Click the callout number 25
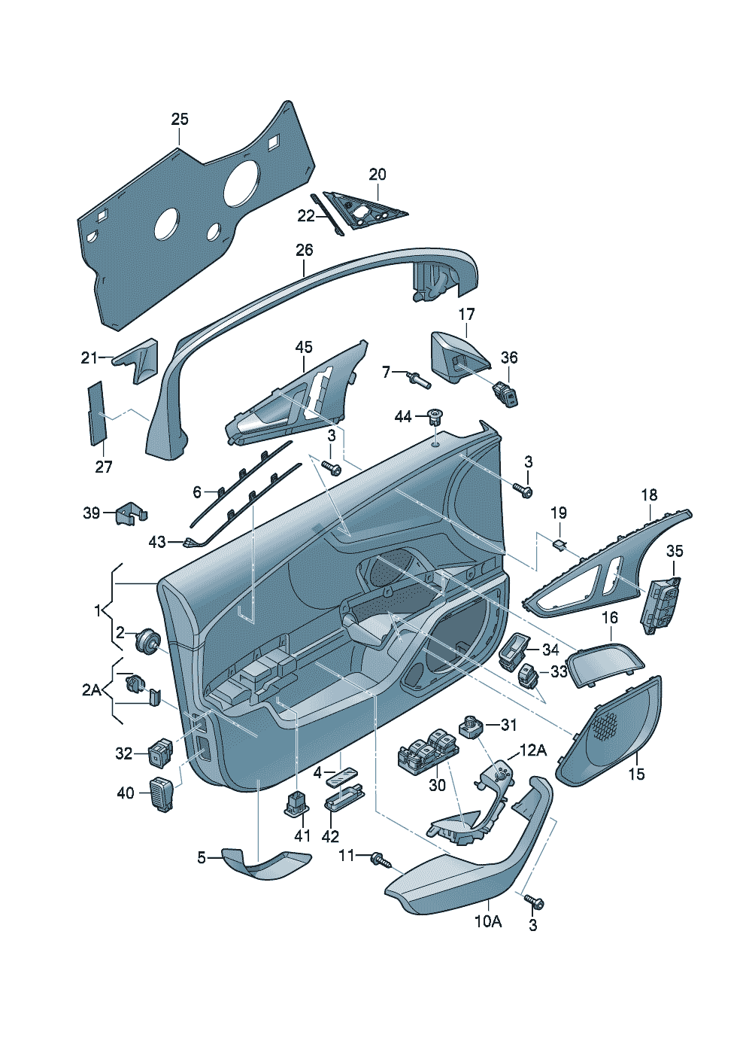click(180, 119)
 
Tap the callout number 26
click(304, 250)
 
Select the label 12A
click(532, 750)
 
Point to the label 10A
click(487, 921)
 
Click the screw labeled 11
click(381, 859)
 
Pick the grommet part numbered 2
click(146, 641)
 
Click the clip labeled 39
click(130, 514)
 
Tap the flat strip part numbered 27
click(97, 413)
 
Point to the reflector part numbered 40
click(163, 793)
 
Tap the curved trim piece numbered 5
click(267, 864)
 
